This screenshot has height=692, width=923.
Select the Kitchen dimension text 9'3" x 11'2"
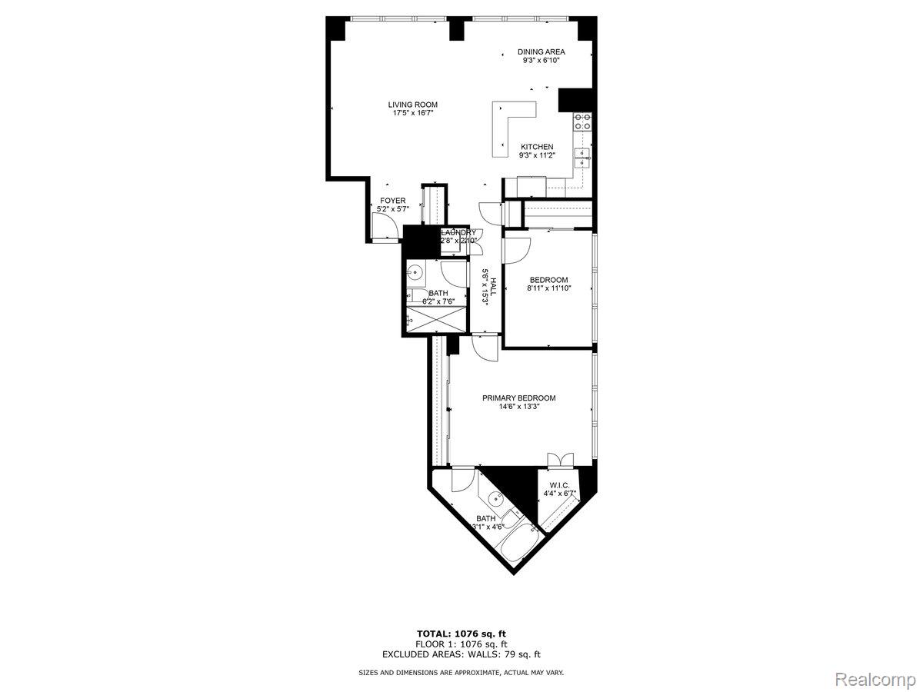537,155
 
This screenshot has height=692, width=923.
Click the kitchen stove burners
583,121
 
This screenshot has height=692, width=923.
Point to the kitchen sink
583,158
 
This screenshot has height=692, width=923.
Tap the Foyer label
392,201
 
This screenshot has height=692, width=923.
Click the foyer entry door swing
383,225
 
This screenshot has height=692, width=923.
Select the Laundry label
458,232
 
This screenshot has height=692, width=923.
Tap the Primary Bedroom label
518,398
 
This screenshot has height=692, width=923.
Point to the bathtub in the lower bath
513,544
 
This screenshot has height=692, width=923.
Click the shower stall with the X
436,318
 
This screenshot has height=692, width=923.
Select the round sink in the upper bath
416,271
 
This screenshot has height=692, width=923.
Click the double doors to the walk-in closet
560,460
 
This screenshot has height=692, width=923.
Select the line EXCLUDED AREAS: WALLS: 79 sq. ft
461,654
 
